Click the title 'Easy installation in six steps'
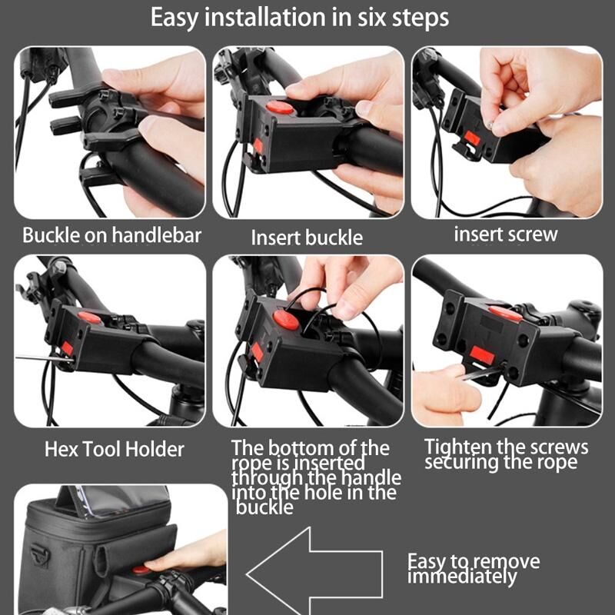300,18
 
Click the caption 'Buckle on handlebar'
111,235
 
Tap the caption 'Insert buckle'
307,238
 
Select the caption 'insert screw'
506,234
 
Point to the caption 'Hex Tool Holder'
114,450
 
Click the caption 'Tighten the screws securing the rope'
506,454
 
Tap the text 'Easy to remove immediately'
474,569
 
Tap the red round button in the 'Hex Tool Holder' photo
90,317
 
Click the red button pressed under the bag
140,570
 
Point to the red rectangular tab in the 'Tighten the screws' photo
482,354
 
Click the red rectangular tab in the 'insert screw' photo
472,138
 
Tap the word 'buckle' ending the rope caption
264,507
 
